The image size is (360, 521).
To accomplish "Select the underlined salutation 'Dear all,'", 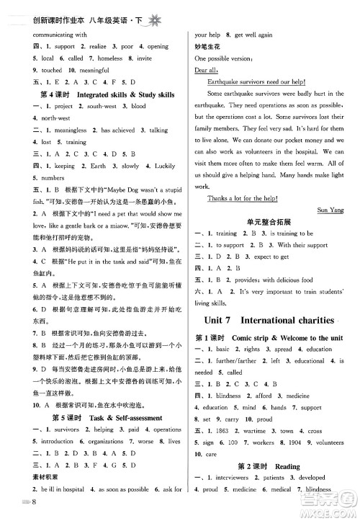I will [x=207, y=70].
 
